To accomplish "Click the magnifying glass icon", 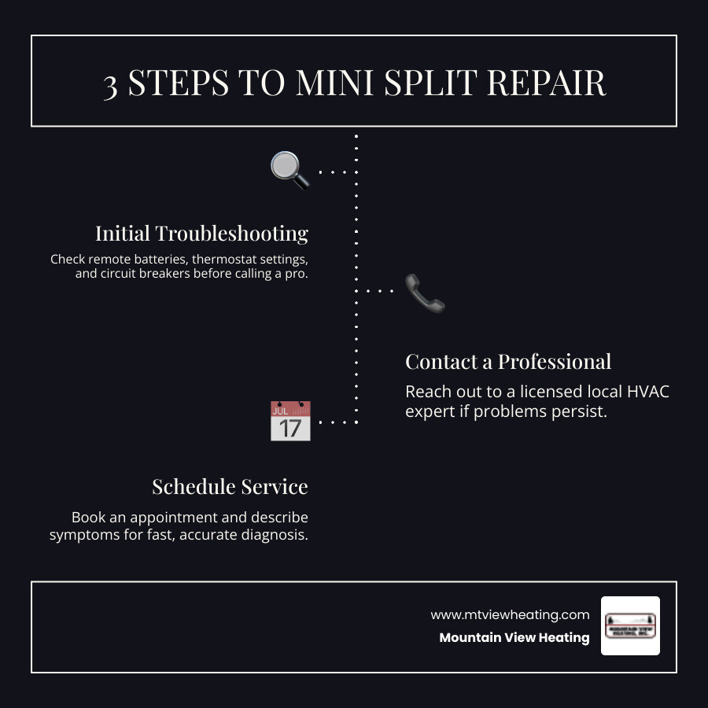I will click(x=289, y=170).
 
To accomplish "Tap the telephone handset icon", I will click(x=425, y=293).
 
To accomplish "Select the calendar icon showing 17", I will click(x=290, y=421).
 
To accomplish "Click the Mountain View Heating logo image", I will click(x=630, y=625).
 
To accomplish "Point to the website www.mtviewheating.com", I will click(x=510, y=614).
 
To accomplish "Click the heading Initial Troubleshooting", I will click(x=201, y=234).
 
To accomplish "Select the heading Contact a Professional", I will click(x=508, y=362).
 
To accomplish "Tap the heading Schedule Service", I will click(x=230, y=487).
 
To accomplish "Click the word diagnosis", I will click(x=277, y=535).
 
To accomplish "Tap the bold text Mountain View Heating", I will click(x=514, y=637).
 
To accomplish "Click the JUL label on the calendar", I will click(x=279, y=410).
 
